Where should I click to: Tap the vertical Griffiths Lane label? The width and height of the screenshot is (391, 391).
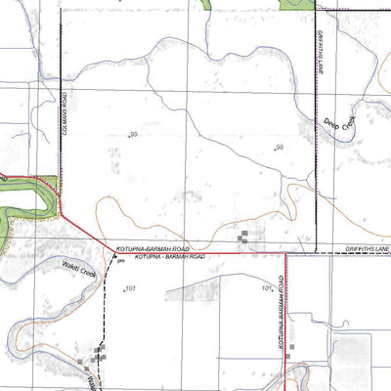pos(320,53)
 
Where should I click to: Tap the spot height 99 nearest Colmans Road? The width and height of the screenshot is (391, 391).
pos(133,135)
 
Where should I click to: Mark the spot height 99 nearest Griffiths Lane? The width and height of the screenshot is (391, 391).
pos(279,148)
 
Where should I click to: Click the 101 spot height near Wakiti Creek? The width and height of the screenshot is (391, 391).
pos(130,288)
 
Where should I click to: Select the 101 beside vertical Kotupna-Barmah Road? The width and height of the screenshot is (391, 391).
pos(267,288)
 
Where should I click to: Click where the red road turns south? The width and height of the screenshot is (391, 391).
pos(285,253)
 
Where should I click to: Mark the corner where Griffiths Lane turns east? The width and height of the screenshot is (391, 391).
pos(317,251)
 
